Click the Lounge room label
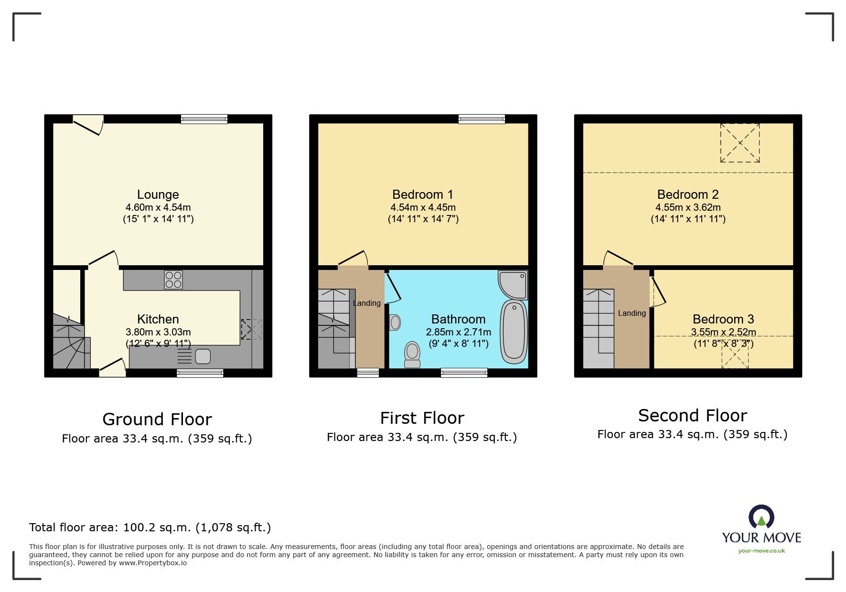(158, 194)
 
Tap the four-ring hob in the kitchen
(173, 280)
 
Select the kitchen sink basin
(203, 356)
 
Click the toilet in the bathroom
(412, 354)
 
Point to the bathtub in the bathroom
(514, 332)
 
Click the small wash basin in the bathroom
(395, 323)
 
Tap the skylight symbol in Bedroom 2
(739, 143)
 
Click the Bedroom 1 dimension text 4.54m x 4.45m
(423, 207)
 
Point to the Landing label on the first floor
(366, 303)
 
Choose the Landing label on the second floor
(632, 313)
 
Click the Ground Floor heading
(157, 419)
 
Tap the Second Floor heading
(692, 415)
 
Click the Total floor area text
(150, 527)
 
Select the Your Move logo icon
(761, 517)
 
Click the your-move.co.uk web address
(761, 550)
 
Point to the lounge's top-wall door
(88, 124)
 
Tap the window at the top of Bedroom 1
(482, 119)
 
